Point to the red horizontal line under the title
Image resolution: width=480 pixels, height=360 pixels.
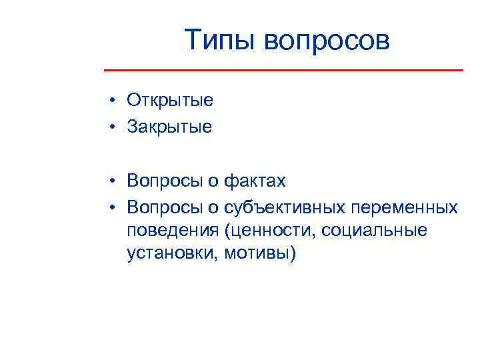coord(283,70)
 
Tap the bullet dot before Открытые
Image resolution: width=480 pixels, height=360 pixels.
coord(115,101)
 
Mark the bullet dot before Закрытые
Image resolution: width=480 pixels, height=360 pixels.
coord(115,127)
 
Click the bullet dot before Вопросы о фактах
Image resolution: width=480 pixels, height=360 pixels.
coord(115,181)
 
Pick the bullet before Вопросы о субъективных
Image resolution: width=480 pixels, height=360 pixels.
coord(115,207)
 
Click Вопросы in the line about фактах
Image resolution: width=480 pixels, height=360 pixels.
coord(164,181)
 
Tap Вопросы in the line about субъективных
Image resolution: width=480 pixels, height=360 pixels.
coord(164,207)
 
